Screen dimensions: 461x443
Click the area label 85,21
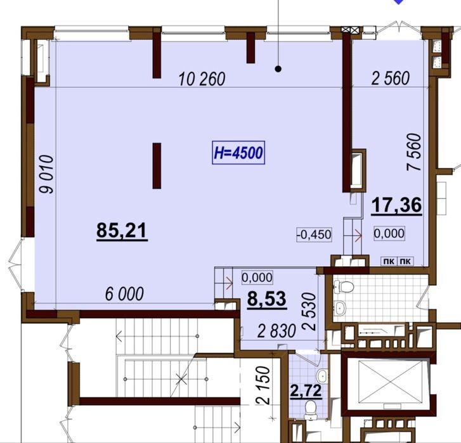coord(122,231)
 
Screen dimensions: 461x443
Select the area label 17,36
coord(396,205)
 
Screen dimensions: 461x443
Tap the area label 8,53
coord(267,299)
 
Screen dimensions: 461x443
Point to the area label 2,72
coord(306,391)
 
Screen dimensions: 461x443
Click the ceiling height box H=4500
coord(238,153)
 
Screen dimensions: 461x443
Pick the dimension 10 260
coord(202,79)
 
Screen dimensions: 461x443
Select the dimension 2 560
coord(391,79)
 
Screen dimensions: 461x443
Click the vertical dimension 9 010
coord(47,174)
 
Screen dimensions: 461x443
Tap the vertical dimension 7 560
coord(413,152)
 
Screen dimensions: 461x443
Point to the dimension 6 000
coord(125,294)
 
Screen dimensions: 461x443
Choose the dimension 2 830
coord(276,331)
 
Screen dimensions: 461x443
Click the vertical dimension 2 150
coord(263,385)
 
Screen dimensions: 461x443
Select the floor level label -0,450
coord(315,234)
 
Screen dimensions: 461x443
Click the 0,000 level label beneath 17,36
coord(389,233)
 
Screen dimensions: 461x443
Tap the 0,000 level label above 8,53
coord(257,278)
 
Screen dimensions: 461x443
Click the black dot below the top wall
coord(278,69)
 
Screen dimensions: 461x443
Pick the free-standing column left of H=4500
coord(157,165)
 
